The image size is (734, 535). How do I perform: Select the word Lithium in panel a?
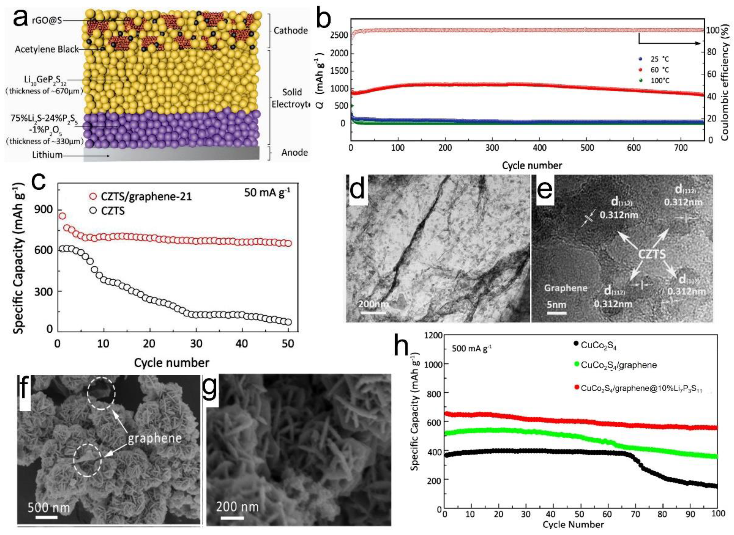(47, 155)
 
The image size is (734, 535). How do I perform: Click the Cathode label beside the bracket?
(290, 31)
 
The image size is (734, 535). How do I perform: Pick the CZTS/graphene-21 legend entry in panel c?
(146, 196)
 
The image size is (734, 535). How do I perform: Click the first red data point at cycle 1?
(62, 216)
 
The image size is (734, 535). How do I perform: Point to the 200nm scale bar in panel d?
(373, 304)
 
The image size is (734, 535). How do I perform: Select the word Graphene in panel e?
(566, 288)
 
